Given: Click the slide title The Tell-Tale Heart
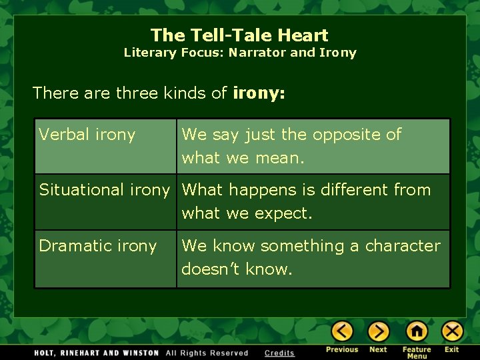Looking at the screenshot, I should pos(239,35).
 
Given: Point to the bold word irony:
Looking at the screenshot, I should pos(259,93).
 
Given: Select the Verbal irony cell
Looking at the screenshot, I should pos(87,135).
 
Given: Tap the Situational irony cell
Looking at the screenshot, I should pos(105,190).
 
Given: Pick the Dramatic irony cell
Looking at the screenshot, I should pos(97,246).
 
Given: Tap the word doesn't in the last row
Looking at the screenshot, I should pos(211,270).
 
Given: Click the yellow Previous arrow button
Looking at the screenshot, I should pos(342,331).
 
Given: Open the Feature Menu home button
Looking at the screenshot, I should pos(417,331).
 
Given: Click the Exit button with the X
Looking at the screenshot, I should pos(452,331).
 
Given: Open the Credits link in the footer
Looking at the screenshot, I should pos(279,353).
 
